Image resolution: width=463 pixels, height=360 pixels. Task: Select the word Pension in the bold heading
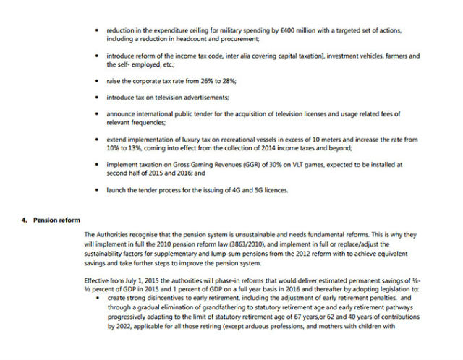click(45, 220)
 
